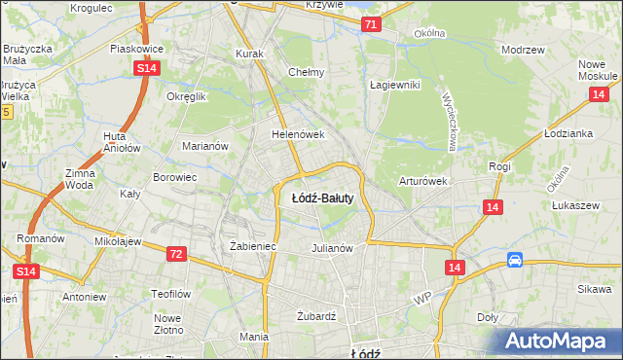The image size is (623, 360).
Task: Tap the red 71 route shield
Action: [371, 23]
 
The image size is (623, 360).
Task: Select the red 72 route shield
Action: [175, 254]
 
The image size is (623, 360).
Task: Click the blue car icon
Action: [515, 260]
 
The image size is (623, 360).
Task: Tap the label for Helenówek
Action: [297, 134]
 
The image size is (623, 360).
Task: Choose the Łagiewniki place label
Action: [394, 85]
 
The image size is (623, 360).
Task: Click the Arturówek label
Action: [422, 181]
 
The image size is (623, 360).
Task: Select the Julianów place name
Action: [331, 247]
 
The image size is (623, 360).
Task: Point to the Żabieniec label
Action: [253, 246]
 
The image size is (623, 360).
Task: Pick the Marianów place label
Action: [204, 146]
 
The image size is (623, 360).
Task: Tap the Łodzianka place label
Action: [569, 133]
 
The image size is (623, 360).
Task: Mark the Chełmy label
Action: [306, 72]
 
